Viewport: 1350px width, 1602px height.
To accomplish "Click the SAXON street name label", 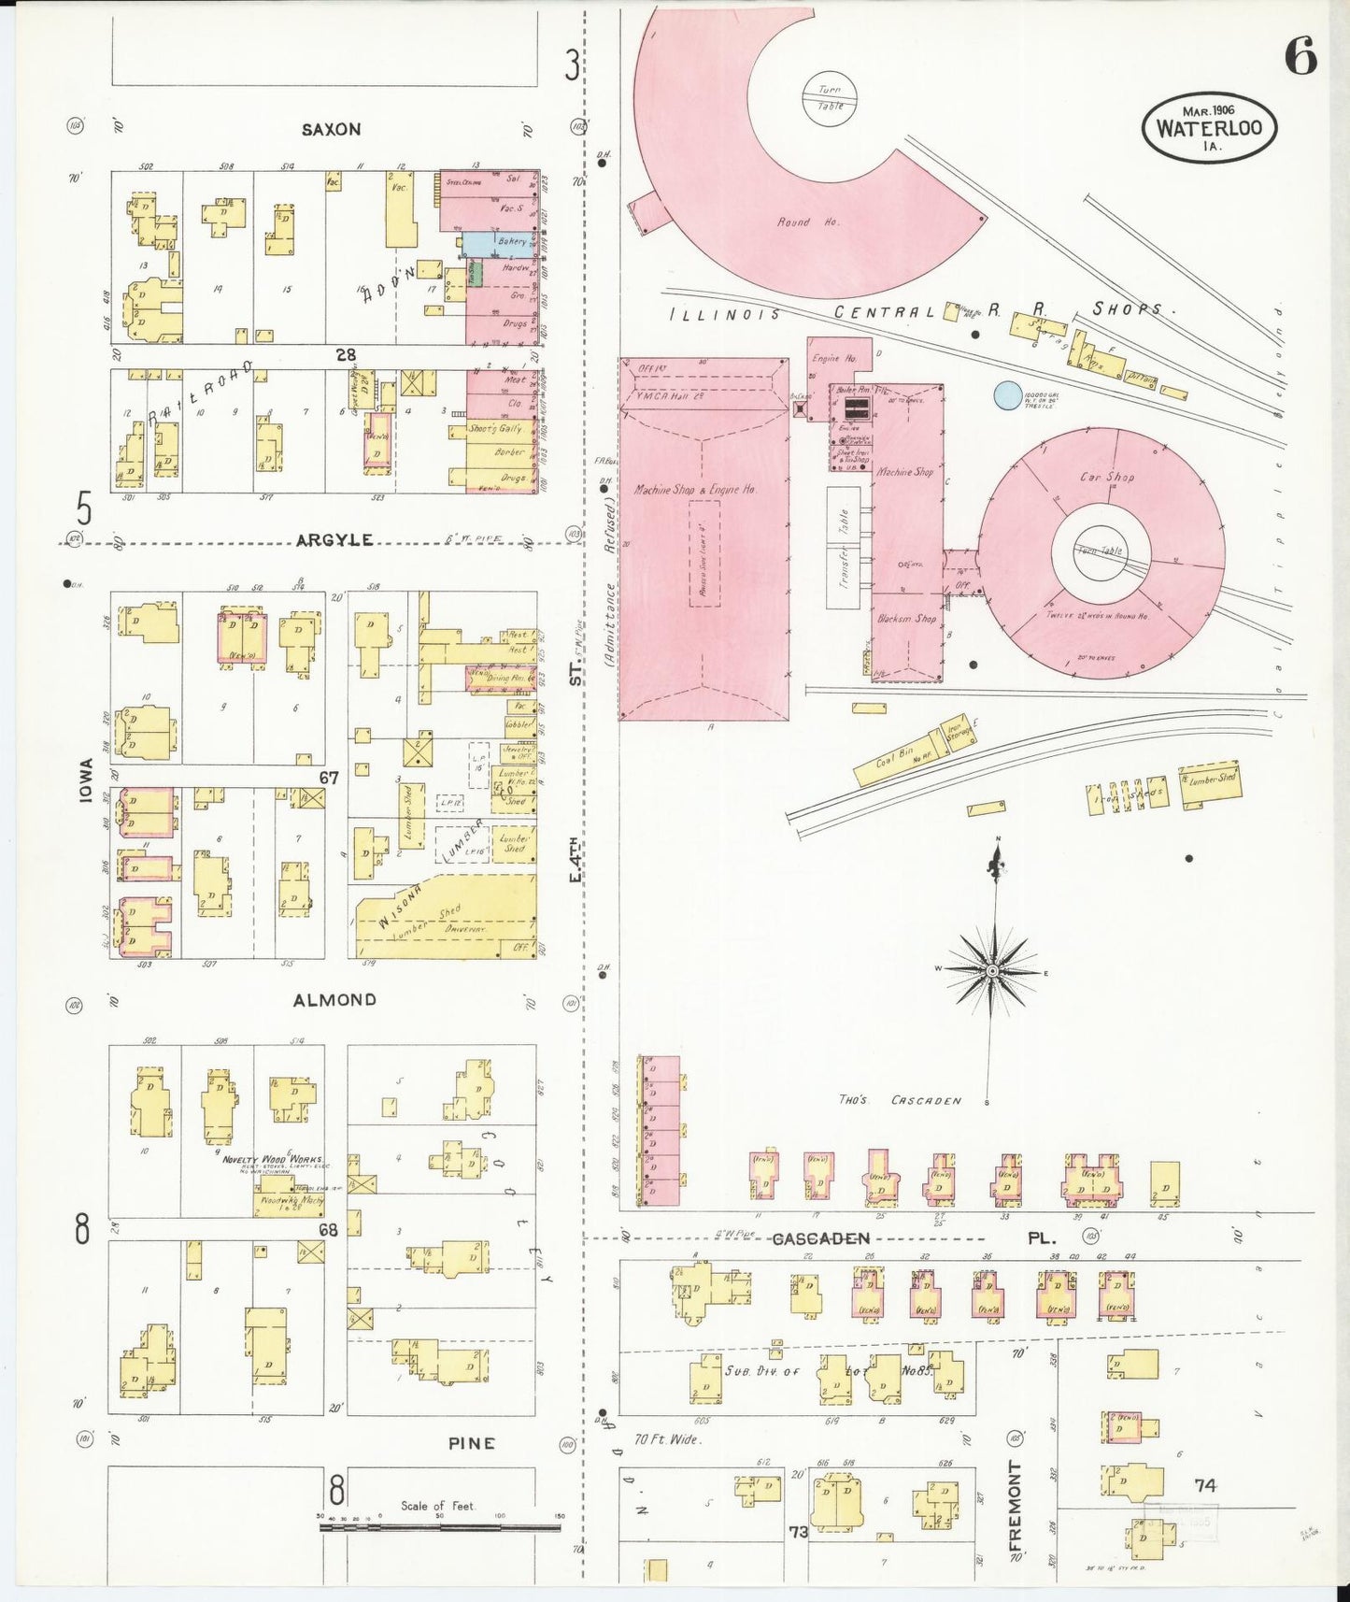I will pyautogui.click(x=331, y=130).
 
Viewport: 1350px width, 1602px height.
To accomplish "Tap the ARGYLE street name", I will pyautogui.click(x=334, y=540).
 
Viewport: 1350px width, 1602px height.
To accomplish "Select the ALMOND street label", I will pyautogui.click(x=334, y=1000).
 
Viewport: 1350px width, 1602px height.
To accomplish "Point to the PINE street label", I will pyautogui.click(x=471, y=1443).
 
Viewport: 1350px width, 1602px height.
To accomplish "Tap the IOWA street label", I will pyautogui.click(x=87, y=781).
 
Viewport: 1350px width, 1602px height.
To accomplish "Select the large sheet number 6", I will pyautogui.click(x=1300, y=58).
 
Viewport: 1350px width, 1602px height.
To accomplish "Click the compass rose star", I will pyautogui.click(x=992, y=972).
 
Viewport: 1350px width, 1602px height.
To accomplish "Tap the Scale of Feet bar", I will pyautogui.click(x=439, y=1527).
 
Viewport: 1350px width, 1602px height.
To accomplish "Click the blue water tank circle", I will pyautogui.click(x=1007, y=396).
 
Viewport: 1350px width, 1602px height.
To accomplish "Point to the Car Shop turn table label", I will pyautogui.click(x=1099, y=551).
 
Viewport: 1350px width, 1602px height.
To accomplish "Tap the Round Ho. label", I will pyautogui.click(x=795, y=222).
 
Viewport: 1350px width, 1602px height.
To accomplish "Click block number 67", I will pyautogui.click(x=328, y=778).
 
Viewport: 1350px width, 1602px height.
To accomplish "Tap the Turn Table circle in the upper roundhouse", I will pyautogui.click(x=830, y=97).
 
